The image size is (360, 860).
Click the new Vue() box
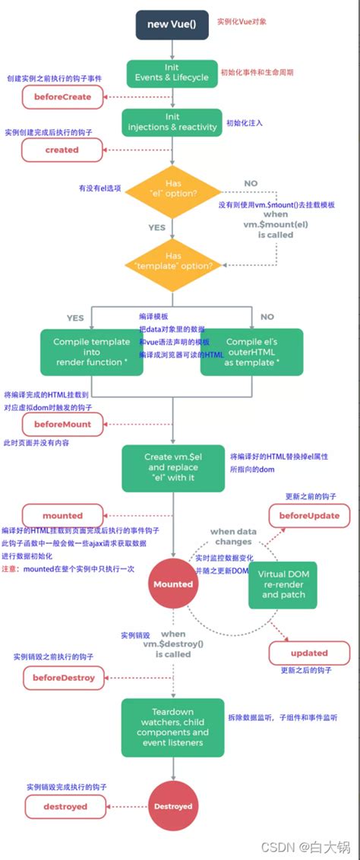(x=172, y=24)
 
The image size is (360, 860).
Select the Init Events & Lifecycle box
(x=172, y=72)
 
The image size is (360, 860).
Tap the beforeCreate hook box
(x=62, y=96)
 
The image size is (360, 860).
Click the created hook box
(x=62, y=150)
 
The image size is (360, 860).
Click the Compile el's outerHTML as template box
(x=251, y=352)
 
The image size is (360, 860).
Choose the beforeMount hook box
(x=62, y=424)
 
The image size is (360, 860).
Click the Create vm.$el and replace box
(x=172, y=467)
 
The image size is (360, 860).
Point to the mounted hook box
(x=62, y=515)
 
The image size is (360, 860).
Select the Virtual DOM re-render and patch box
(x=283, y=583)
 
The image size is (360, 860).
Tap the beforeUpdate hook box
(x=309, y=515)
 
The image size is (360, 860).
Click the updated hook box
(x=309, y=653)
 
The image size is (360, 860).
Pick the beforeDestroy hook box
(x=63, y=676)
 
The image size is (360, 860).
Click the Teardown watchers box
(x=172, y=727)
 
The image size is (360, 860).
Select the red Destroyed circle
(x=173, y=806)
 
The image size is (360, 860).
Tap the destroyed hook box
(x=63, y=806)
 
